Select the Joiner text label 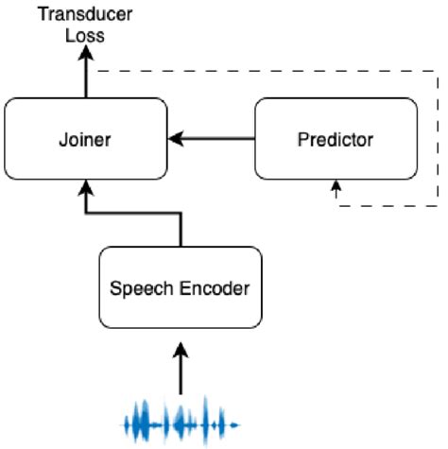click(85, 141)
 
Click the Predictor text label click(336, 141)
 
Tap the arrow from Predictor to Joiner click(213, 140)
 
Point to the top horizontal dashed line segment click(265, 71)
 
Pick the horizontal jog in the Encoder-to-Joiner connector click(132, 214)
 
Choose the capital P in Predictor click(302, 141)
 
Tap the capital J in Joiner click(65, 141)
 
